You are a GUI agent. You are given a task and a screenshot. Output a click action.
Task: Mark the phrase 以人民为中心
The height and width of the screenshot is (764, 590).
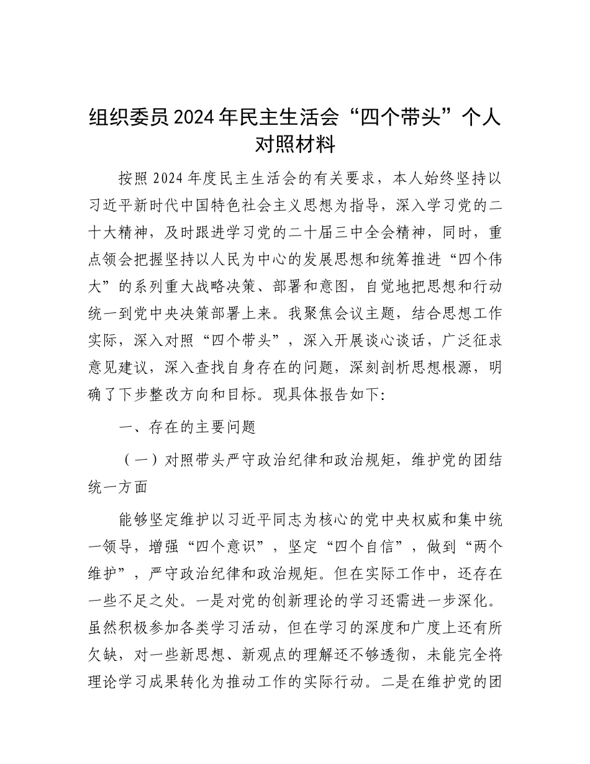(245, 261)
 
